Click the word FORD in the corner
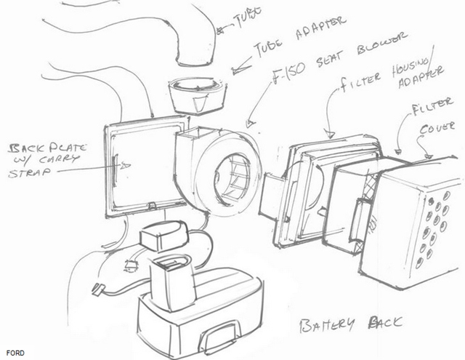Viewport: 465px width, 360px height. [15, 353]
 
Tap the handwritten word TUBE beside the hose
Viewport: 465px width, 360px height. [247, 18]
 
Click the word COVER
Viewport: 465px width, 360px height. [437, 127]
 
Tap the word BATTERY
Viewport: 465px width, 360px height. [327, 325]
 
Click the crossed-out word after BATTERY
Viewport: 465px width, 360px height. [385, 322]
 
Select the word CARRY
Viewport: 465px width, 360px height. [59, 159]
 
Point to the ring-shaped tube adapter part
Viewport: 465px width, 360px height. [197, 95]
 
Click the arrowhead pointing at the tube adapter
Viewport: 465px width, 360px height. [238, 70]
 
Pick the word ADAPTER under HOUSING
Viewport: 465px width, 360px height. [421, 77]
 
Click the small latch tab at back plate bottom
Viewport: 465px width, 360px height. [152, 205]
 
